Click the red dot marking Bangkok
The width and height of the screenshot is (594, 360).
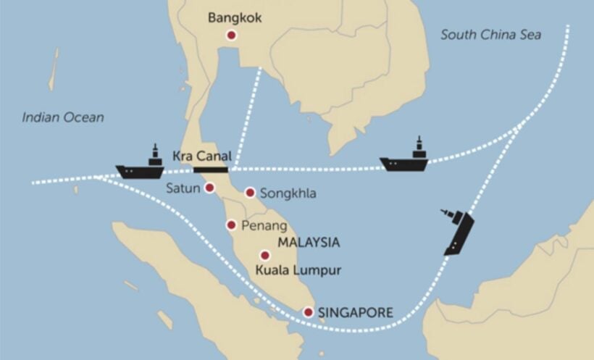(x=232, y=35)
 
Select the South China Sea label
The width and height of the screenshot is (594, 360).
(x=501, y=34)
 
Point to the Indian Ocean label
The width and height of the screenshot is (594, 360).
(x=63, y=117)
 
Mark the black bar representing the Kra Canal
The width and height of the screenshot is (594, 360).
(x=211, y=169)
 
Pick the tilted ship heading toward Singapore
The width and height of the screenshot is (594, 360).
(x=458, y=231)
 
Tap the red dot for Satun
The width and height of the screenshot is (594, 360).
(x=210, y=188)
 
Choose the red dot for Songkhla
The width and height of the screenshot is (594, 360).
(x=250, y=193)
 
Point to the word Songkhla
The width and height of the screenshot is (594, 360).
(x=288, y=193)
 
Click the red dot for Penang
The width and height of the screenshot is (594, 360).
(x=232, y=225)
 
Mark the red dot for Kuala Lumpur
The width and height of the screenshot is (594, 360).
(x=264, y=255)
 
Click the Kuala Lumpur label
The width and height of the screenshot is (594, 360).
(x=298, y=271)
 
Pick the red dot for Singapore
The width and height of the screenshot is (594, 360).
(x=309, y=312)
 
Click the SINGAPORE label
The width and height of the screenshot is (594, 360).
(x=356, y=313)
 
